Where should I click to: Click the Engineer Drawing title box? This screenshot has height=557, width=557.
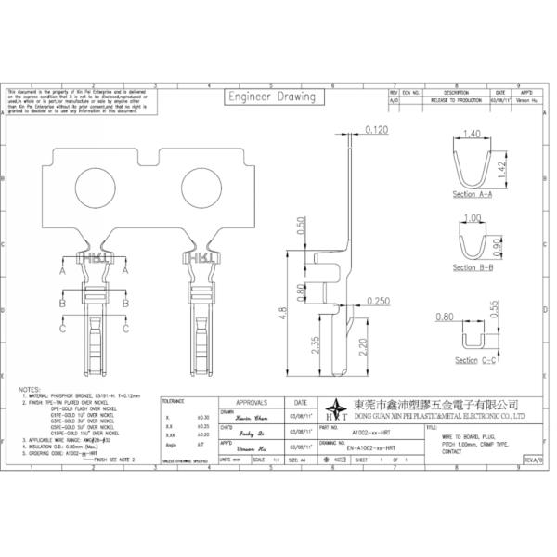(x=272, y=97)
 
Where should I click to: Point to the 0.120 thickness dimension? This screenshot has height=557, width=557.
(x=377, y=129)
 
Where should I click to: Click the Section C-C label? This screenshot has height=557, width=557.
(x=473, y=359)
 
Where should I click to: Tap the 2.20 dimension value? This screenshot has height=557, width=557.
(x=364, y=346)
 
